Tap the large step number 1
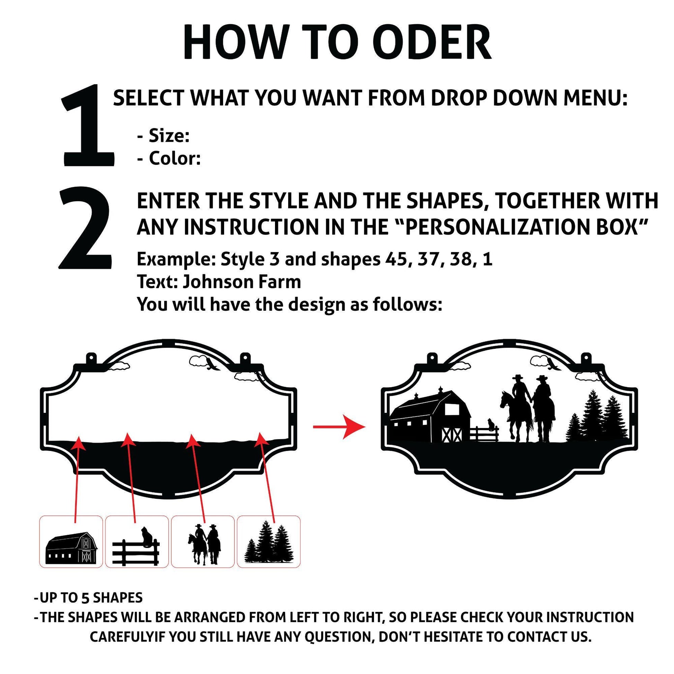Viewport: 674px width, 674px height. point(88,125)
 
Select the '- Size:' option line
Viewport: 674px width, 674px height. point(163,136)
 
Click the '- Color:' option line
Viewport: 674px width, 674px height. point(169,159)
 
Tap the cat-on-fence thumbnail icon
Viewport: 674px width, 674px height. point(136,550)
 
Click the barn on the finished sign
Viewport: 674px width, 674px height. point(430,418)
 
